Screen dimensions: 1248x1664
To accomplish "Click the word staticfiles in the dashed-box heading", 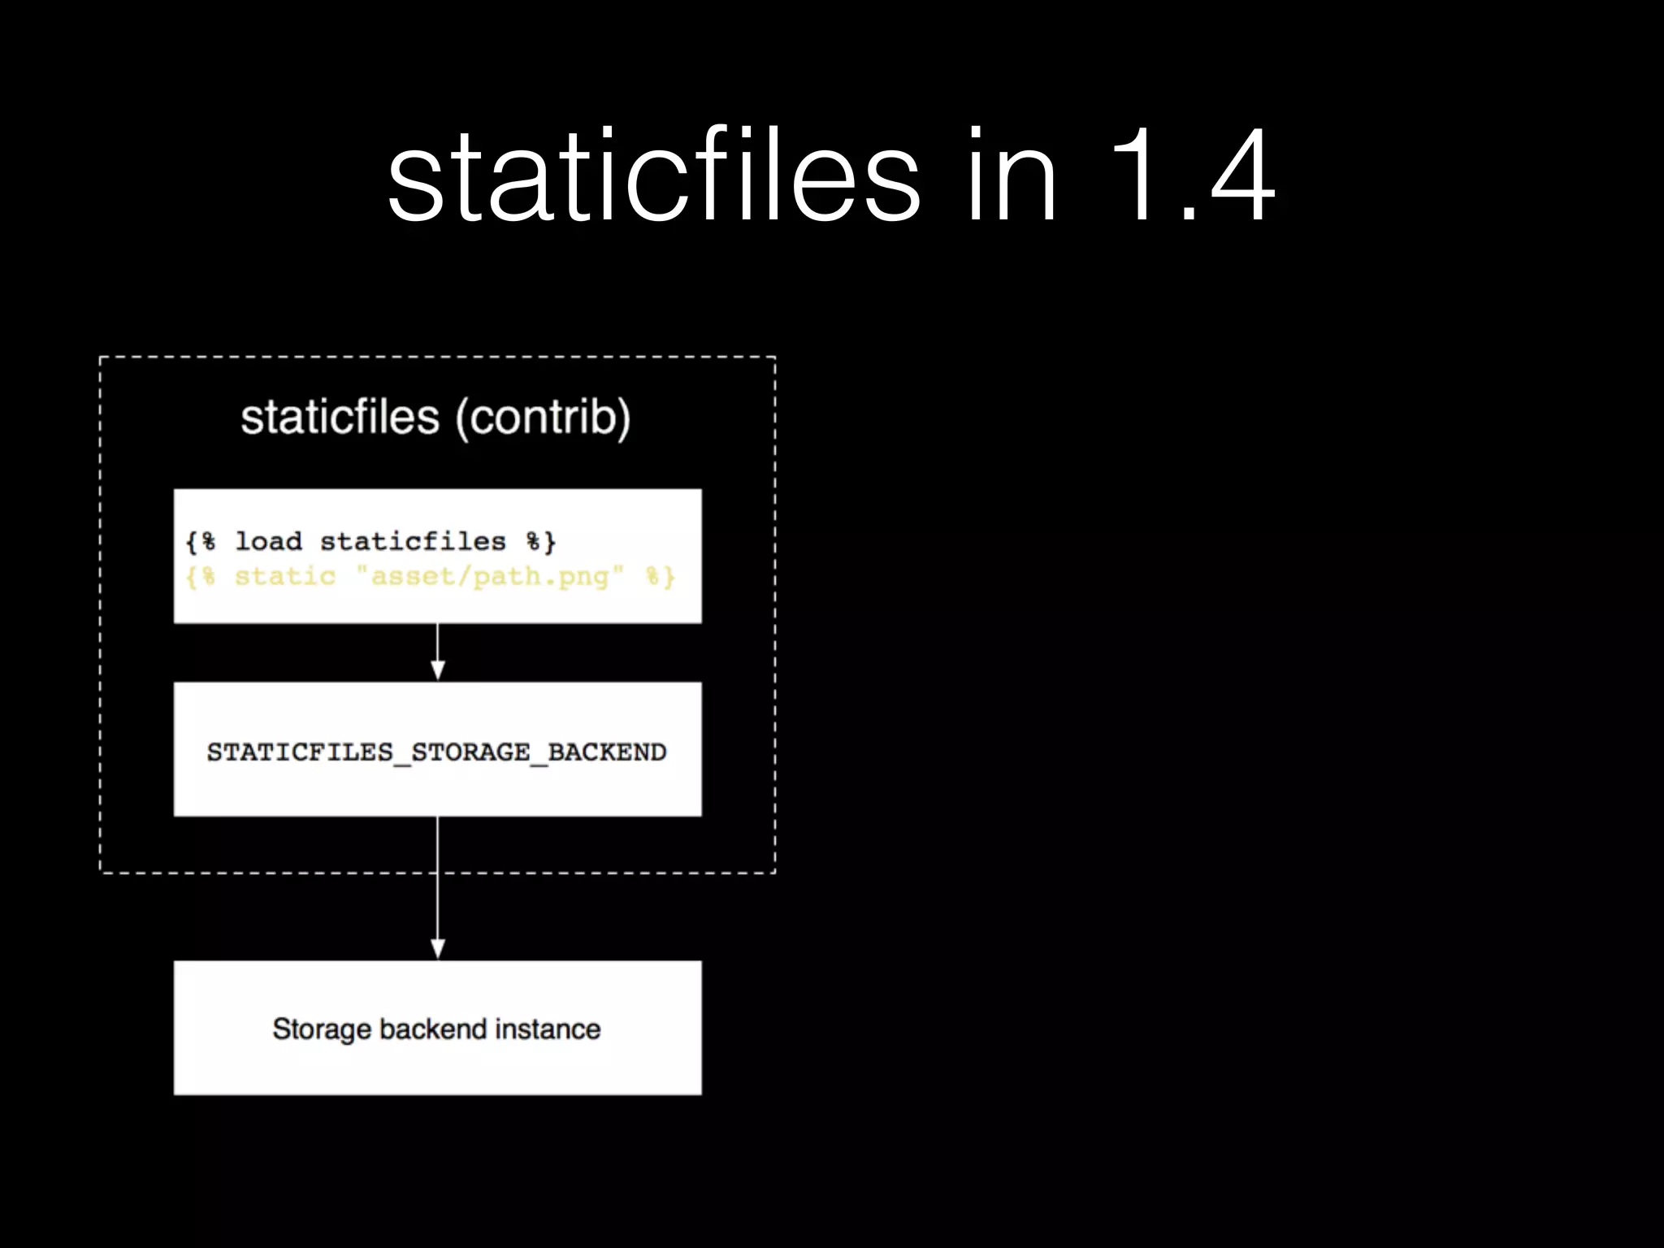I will (340, 417).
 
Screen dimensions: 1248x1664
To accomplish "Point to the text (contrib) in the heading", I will (543, 418).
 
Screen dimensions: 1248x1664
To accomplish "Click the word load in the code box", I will (268, 541).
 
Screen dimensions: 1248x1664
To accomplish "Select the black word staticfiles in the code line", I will (413, 541).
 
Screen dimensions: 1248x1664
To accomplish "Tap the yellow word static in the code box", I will (285, 576).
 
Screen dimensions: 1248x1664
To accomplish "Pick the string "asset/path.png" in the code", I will (490, 576).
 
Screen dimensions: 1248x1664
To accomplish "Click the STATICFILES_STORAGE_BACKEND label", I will (437, 752).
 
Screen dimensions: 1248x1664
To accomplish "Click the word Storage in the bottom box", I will (322, 1029).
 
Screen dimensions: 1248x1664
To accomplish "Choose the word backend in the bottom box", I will (433, 1029).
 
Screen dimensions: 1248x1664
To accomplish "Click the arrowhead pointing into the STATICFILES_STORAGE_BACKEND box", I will (438, 669).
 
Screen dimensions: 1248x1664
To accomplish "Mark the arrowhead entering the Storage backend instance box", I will (438, 948).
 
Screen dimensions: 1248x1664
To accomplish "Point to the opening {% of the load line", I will (201, 541).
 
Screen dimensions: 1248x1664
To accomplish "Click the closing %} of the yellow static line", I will (660, 577).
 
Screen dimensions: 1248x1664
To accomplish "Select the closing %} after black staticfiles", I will (540, 541).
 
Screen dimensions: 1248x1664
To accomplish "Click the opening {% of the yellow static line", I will (201, 577).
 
